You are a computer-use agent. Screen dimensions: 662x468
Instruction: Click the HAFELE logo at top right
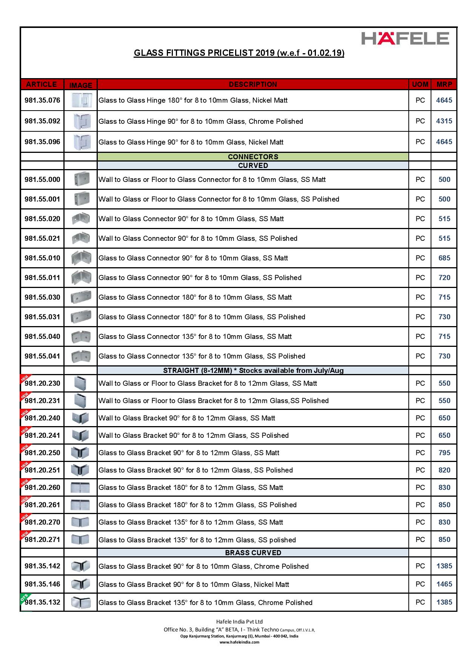pos(405,38)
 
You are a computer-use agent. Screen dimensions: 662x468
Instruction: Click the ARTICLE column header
pos(42,84)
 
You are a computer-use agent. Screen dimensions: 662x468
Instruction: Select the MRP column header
pos(444,84)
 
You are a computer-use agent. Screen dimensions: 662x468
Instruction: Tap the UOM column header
pos(420,84)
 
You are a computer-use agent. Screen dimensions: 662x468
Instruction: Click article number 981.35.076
pos(42,100)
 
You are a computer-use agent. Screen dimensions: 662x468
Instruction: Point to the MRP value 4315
pos(444,121)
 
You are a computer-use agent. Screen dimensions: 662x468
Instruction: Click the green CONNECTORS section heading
pos(253,157)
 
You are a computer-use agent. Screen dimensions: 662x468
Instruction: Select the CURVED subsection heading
pos(253,165)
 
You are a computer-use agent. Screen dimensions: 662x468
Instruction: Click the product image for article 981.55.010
pos(81,258)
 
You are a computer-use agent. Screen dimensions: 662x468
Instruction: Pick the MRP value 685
pos(444,258)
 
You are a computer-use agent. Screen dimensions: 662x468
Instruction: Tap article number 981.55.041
pos(42,356)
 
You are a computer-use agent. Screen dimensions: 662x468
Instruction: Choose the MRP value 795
pos(444,453)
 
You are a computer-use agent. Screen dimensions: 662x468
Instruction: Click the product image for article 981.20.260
pos(80,488)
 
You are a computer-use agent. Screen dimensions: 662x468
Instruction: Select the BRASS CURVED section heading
pos(253,553)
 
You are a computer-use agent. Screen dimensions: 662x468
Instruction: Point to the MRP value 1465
pos(444,584)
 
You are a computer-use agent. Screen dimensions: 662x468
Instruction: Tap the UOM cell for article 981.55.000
pos(420,179)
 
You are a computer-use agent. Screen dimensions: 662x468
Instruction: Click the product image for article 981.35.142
pos(80,566)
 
